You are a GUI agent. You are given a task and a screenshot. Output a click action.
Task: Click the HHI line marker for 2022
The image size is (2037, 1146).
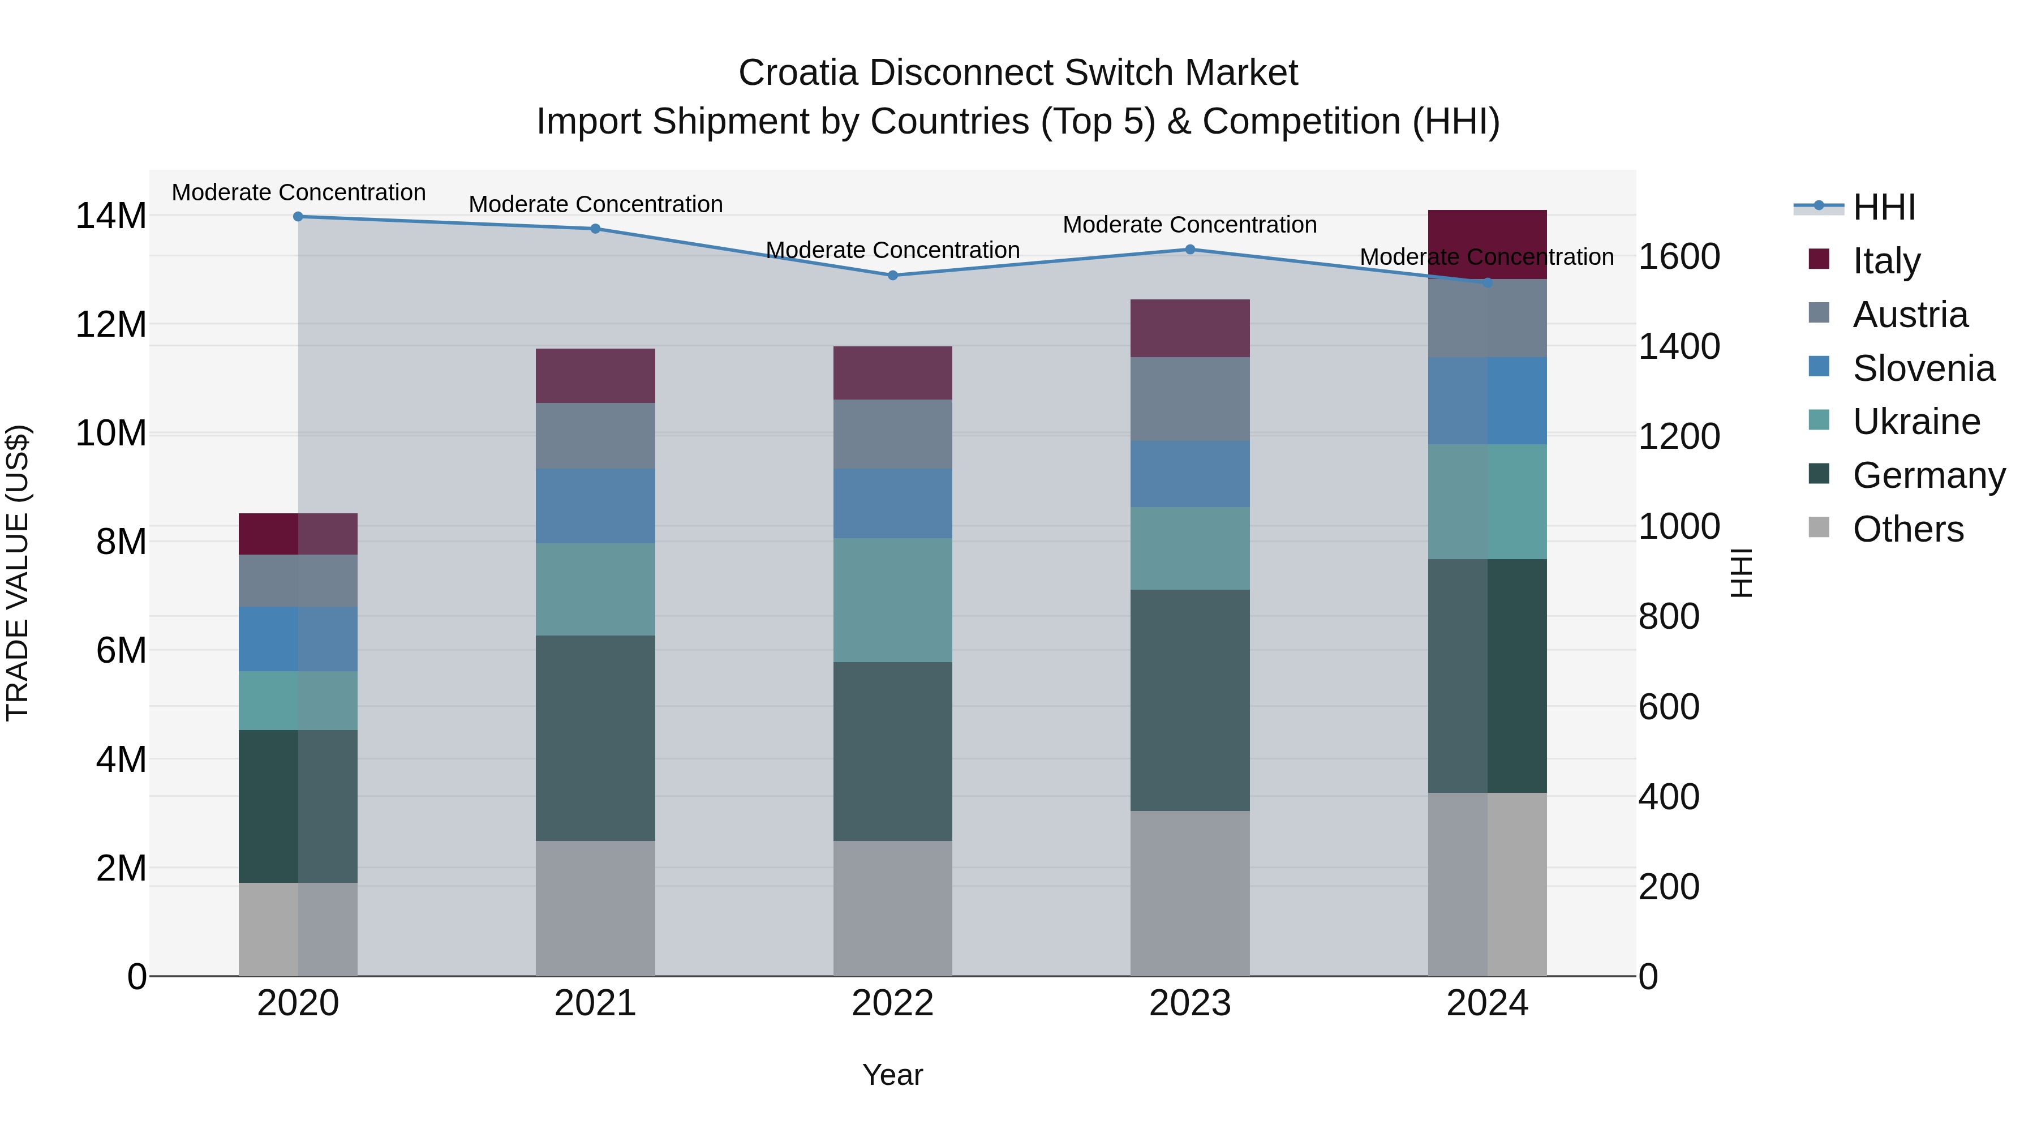click(893, 275)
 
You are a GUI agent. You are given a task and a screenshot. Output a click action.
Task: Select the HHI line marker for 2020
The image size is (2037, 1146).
click(298, 216)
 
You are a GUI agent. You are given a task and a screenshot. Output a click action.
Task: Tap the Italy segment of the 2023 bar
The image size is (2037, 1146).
click(1189, 328)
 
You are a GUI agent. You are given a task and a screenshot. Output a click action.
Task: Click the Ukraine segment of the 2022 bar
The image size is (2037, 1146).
click(893, 600)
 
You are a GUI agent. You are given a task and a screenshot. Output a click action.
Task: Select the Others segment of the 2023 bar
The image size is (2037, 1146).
click(1189, 893)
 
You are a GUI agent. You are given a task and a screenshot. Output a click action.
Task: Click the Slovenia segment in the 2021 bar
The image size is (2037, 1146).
click(595, 505)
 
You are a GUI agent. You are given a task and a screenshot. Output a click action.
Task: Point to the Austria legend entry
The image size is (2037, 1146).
click(1909, 315)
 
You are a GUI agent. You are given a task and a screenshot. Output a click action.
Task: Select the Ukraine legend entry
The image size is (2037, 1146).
click(1915, 422)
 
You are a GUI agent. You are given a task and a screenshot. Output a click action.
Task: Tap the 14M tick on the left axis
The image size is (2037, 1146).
click(111, 216)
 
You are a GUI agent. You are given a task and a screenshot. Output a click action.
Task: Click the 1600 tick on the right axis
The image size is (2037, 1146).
click(1679, 256)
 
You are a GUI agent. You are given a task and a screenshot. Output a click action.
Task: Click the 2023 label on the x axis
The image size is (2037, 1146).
click(1189, 1003)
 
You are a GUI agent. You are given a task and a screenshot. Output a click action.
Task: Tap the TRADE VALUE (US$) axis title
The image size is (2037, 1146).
click(18, 573)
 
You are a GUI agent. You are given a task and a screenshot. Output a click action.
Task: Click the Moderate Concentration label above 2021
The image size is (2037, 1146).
click(595, 204)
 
